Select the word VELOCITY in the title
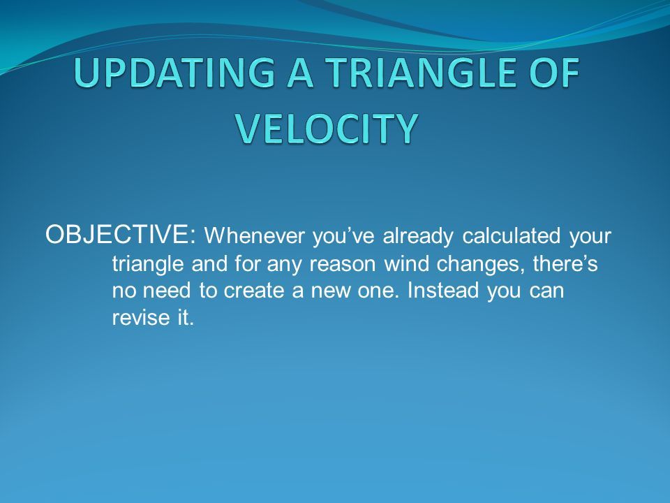coord(326,129)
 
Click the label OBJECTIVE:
coord(121,235)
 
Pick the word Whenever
coord(255,235)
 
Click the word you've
coord(344,237)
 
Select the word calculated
coord(511,235)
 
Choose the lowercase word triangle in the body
coord(148,264)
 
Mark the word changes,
coord(481,265)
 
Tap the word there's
coord(565,263)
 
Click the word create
coord(254,291)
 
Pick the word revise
coord(140,317)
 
